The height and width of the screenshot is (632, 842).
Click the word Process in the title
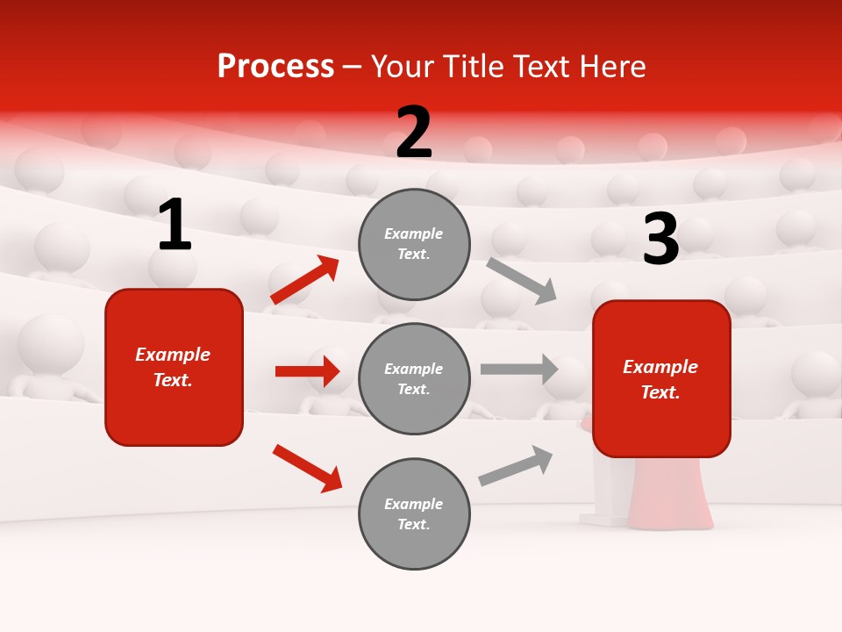point(275,67)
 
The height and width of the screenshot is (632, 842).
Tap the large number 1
point(175,225)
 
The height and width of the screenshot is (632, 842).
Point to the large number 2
point(414,133)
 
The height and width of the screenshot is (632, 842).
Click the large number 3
point(660,239)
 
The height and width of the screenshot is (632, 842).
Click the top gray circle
point(414,244)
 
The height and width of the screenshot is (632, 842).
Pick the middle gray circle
point(414,379)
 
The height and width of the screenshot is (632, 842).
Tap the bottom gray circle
point(414,514)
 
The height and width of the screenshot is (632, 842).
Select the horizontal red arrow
point(307,371)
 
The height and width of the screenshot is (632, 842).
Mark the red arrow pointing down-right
point(308,468)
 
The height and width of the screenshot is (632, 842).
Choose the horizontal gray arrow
point(519,369)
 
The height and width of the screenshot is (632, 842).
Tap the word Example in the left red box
point(173,355)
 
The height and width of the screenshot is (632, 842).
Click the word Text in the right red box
point(660,392)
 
